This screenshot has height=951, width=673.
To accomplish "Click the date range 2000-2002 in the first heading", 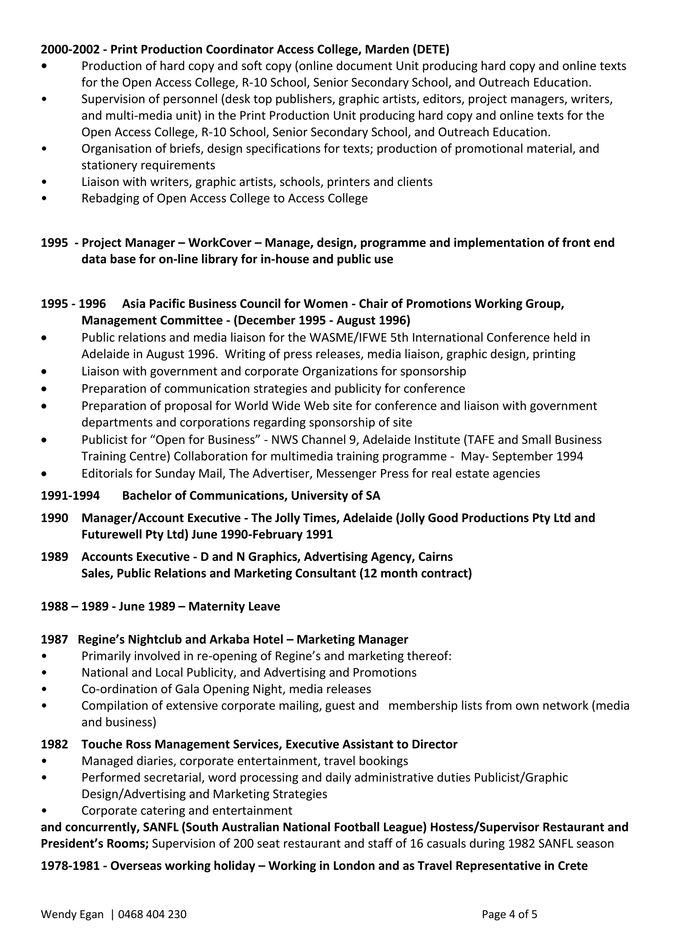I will (x=70, y=50).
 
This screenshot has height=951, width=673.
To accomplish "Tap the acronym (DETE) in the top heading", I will (x=430, y=50).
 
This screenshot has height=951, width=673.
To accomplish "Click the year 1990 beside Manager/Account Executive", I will (x=54, y=518).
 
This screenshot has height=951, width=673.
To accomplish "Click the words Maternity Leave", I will (x=234, y=607).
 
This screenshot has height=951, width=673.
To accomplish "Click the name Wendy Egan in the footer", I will (x=72, y=915).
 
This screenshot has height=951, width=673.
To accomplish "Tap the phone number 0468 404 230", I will (x=152, y=915).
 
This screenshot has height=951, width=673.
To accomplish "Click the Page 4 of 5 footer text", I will (x=509, y=915).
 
